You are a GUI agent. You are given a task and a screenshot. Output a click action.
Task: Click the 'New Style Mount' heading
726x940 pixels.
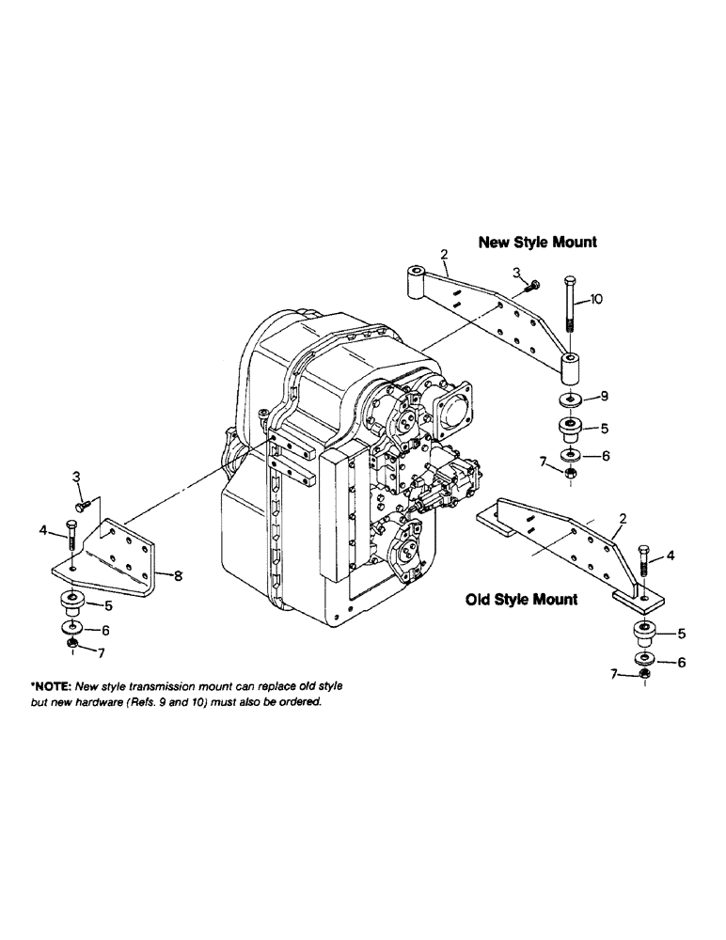click(x=537, y=242)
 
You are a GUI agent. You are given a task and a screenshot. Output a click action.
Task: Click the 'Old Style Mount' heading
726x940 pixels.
click(x=522, y=599)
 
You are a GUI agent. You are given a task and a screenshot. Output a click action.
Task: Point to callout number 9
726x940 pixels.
click(x=604, y=396)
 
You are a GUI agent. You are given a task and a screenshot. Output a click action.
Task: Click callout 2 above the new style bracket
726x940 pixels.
click(x=444, y=254)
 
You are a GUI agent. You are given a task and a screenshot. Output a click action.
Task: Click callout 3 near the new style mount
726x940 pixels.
click(x=516, y=273)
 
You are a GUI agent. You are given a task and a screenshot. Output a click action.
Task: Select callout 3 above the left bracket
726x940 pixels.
click(x=78, y=480)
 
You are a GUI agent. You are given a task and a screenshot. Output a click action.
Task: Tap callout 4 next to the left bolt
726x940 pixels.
click(x=43, y=531)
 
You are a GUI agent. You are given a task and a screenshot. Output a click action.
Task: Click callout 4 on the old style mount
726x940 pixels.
click(x=669, y=556)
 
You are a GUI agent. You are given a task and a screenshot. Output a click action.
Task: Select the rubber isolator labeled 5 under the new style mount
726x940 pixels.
click(x=571, y=430)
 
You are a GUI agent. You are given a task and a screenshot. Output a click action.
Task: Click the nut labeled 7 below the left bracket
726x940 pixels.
click(x=73, y=645)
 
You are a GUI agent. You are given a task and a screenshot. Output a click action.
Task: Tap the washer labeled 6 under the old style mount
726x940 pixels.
click(x=644, y=659)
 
